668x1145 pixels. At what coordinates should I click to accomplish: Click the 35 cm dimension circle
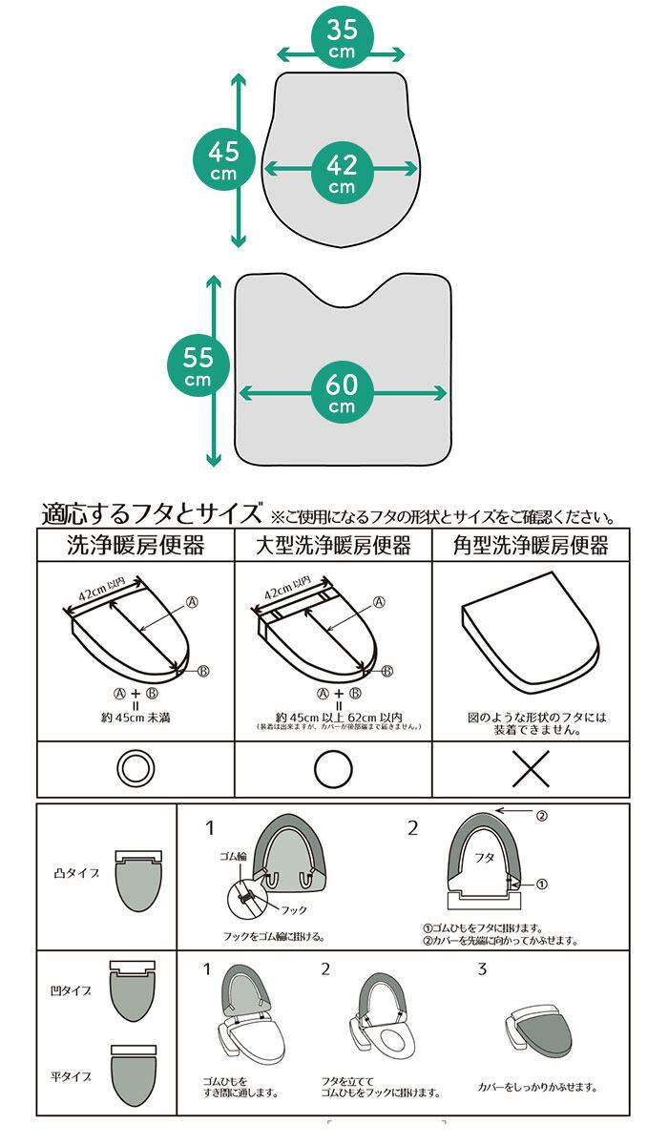click(x=342, y=40)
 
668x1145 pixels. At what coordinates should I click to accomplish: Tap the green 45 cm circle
click(x=223, y=159)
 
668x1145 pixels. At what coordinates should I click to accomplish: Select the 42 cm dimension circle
click(x=342, y=173)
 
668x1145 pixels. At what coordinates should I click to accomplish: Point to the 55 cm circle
click(x=198, y=365)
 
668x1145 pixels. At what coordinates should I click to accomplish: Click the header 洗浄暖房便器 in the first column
click(x=136, y=546)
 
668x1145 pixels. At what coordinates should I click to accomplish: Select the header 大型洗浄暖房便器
click(x=333, y=546)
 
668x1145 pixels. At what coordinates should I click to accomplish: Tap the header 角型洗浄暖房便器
click(x=531, y=546)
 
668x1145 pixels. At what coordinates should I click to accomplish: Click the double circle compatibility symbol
click(x=136, y=769)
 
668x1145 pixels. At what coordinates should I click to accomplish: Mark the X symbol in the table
click(x=531, y=769)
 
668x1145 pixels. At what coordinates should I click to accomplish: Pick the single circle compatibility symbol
click(x=333, y=769)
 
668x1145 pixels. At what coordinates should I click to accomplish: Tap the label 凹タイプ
click(x=72, y=992)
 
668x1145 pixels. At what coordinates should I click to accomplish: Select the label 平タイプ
click(x=72, y=1076)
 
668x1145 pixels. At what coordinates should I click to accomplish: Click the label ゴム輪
click(x=234, y=857)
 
